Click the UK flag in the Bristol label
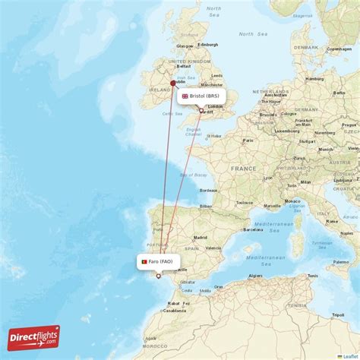tap(185, 96)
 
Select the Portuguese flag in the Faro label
tap(143, 262)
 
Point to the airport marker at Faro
tap(159, 276)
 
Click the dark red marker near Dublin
tap(173, 84)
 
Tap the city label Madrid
tap(201, 236)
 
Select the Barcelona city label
tap(253, 229)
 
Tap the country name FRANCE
tap(243, 169)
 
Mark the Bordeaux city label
tap(208, 191)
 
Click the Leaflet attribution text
tap(350, 355)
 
